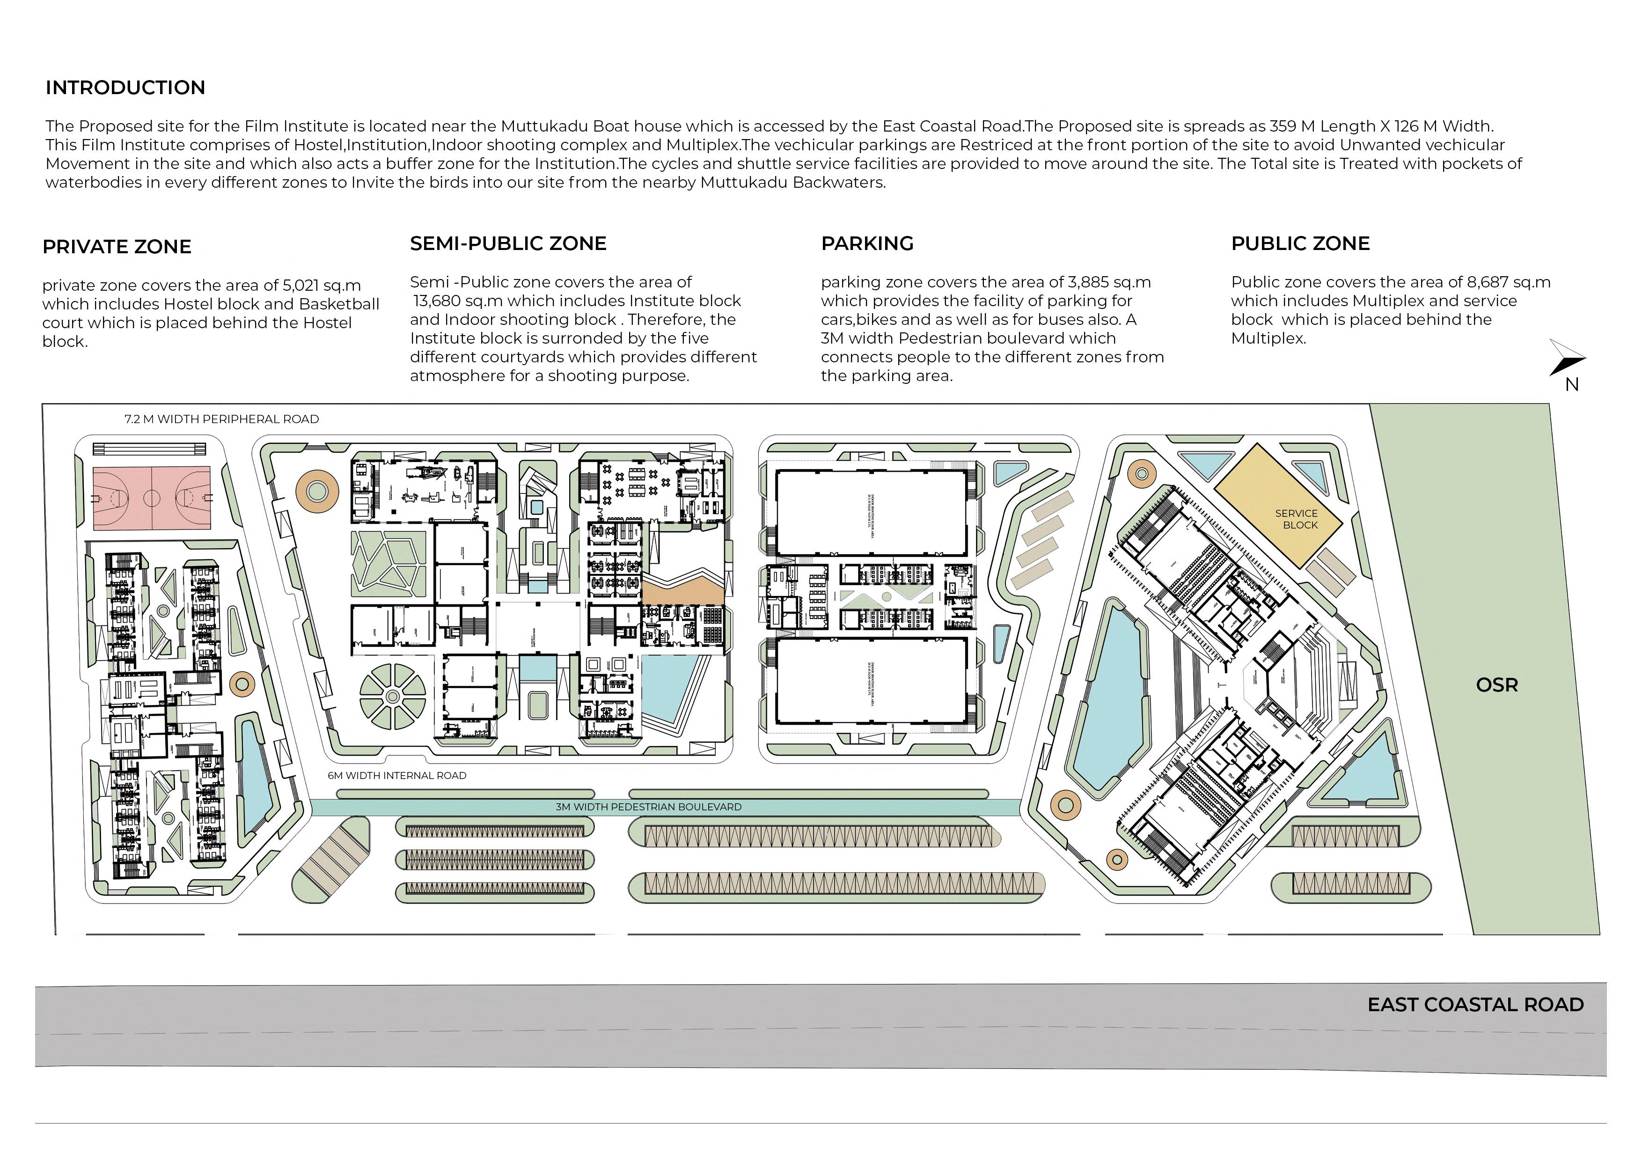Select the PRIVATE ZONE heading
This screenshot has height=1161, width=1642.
click(117, 247)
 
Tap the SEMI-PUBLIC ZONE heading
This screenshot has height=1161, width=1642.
click(508, 244)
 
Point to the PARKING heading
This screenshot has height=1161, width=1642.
click(867, 244)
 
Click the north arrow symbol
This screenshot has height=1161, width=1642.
click(1567, 359)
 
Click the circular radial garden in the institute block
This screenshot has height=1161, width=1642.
click(393, 696)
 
